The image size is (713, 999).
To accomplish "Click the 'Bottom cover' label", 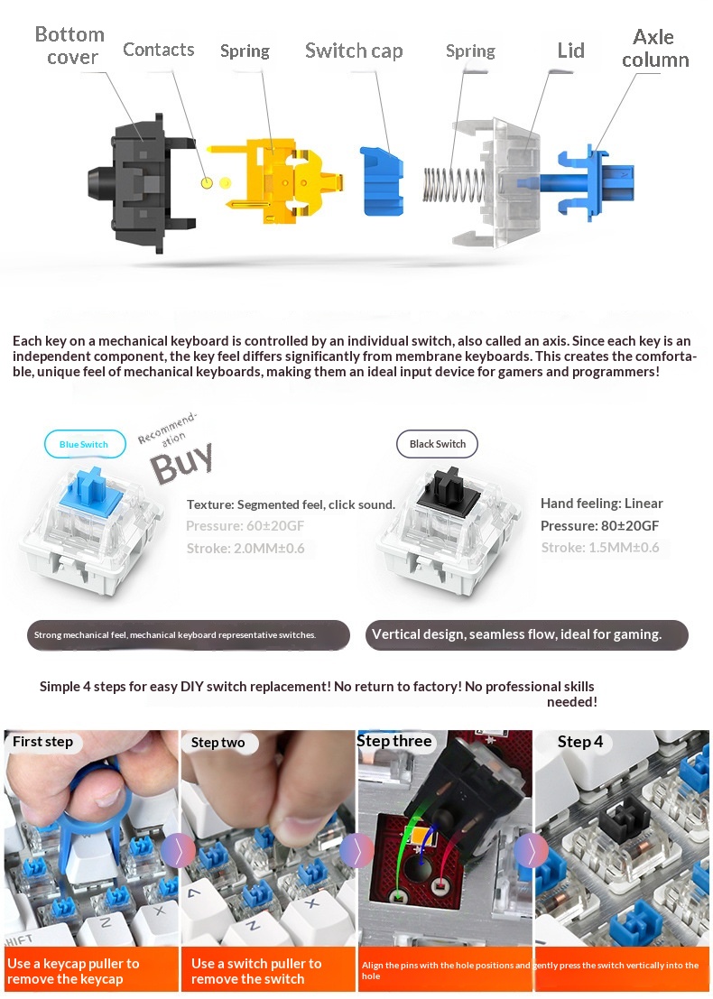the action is coord(69,45).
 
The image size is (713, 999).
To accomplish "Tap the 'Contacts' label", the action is coord(159,50).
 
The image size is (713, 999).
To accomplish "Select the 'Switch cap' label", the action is coord(354,51).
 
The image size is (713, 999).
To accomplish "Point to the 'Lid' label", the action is coord(571,51).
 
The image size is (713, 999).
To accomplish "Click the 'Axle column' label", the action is coord(655,48).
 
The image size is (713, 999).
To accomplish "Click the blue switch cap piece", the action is coord(382,181).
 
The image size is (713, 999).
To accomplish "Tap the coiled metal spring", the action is coord(454,186).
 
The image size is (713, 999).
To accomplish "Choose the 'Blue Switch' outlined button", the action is coord(84,444).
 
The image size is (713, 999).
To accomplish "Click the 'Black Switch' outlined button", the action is coord(437,444).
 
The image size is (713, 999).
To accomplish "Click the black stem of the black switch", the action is coord(449,491).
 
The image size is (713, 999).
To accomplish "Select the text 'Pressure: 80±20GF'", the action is coord(599,525).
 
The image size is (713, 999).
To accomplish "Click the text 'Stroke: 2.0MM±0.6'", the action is coord(245,548).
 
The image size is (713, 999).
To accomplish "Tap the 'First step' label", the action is coord(42,742).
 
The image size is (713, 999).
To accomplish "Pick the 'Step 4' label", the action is coord(579,742).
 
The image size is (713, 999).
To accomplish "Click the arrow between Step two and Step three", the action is coord(356,851).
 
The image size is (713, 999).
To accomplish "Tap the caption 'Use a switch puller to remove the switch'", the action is coord(256,971).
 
